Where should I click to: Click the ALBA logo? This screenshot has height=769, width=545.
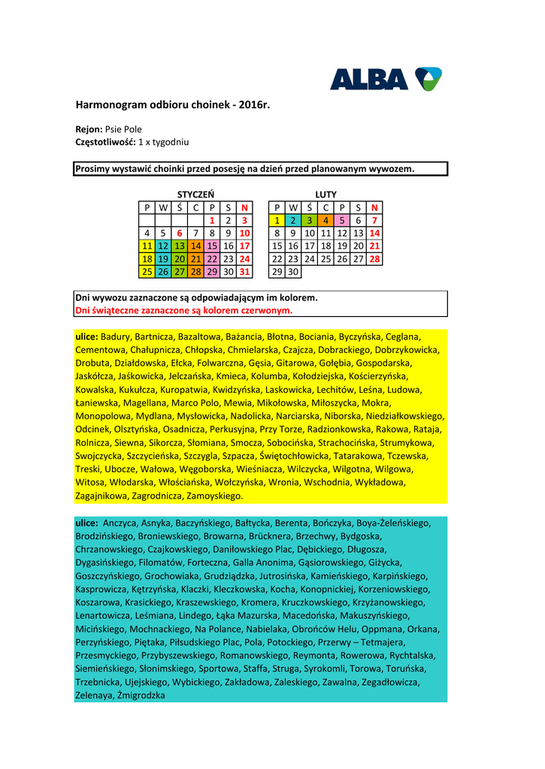tap(386, 78)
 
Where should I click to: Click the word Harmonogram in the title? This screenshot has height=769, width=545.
tap(107, 104)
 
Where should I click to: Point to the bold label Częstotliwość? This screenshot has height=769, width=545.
tap(105, 142)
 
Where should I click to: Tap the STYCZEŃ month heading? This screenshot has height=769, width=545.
tap(195, 195)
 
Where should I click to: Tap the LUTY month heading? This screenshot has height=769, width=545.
tap(325, 195)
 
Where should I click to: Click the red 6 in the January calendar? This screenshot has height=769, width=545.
tap(180, 233)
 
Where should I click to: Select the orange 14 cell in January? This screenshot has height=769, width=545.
tap(195, 246)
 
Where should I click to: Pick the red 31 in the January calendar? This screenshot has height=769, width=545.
tap(244, 271)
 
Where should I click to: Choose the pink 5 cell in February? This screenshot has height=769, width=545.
tap(342, 220)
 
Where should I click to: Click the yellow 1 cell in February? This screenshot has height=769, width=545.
tap(277, 220)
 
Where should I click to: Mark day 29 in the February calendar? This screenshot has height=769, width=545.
tap(277, 271)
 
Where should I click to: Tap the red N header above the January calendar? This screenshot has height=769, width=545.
tap(244, 207)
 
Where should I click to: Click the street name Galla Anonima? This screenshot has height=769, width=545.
tap(255, 562)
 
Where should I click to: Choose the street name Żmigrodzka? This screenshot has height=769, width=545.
tap(141, 695)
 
